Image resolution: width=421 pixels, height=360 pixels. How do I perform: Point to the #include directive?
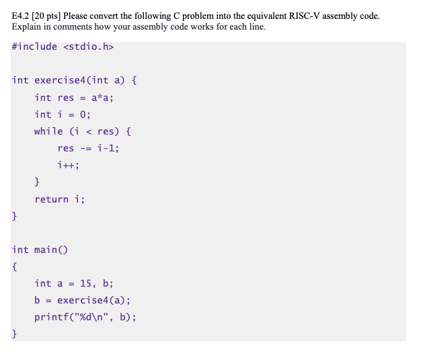coord(34,46)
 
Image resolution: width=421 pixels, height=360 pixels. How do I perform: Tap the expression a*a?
coord(102,98)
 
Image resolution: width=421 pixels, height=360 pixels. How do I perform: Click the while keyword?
coord(48,131)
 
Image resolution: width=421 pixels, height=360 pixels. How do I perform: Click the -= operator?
coord(88,148)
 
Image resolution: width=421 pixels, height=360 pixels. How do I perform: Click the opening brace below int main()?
coord(15,266)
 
